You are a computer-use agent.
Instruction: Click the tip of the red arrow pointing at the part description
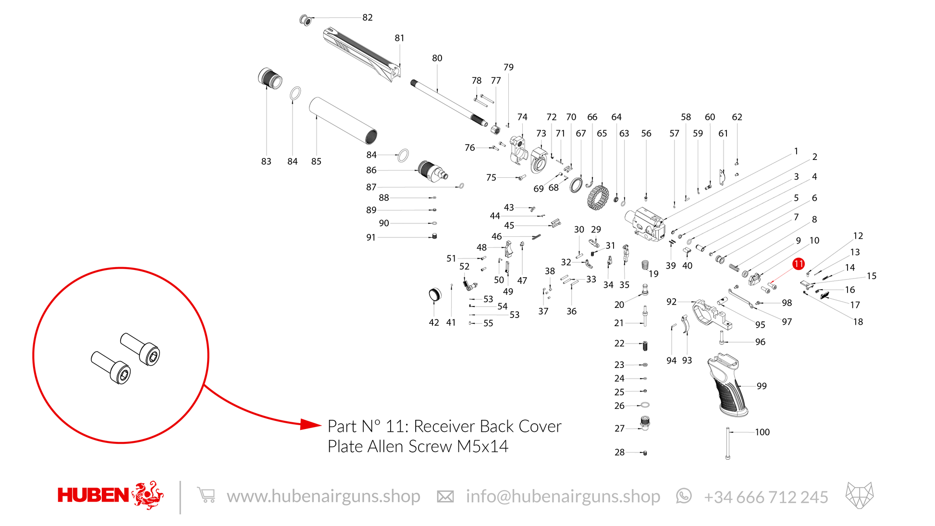321,424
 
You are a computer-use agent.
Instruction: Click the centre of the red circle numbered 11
799,264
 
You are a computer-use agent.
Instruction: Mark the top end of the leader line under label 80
437,65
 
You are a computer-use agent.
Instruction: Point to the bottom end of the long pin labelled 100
727,458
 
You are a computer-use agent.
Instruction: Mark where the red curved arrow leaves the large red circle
204,385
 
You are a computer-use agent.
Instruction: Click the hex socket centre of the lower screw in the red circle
123,375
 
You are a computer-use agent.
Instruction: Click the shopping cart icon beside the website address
206,495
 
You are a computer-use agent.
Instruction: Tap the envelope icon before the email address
445,497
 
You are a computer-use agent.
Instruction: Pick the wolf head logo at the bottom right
860,495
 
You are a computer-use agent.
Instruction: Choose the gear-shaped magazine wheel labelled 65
598,197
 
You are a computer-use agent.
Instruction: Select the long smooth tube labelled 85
343,121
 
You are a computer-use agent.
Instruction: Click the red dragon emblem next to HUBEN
148,495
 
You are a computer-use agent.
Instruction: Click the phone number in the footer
766,497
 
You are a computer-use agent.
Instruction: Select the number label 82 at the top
368,18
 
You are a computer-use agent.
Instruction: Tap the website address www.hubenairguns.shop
323,496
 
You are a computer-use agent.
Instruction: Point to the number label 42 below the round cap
434,323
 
